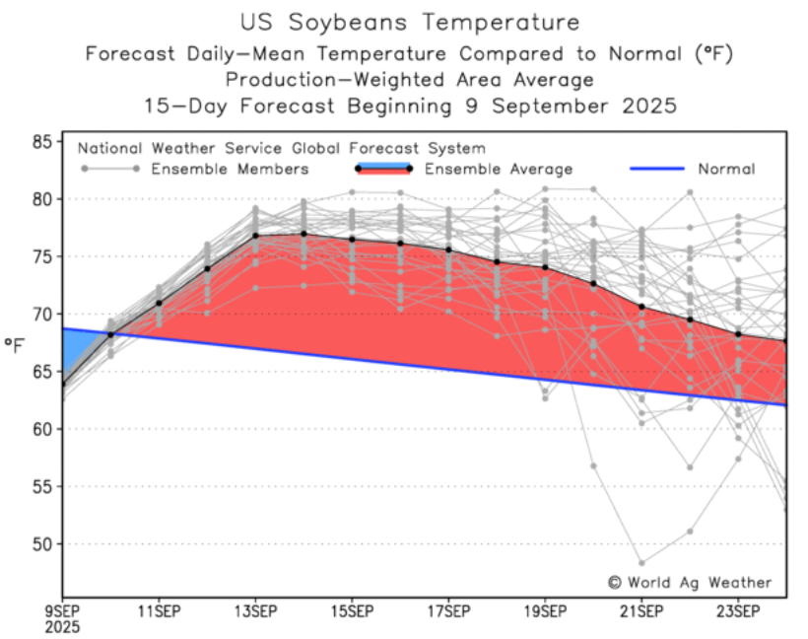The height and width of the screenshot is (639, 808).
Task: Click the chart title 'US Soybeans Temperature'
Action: [409, 22]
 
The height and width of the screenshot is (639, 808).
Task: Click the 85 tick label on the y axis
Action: [40, 142]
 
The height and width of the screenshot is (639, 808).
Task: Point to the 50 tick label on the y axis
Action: [40, 544]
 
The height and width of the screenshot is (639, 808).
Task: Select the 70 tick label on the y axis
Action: [40, 315]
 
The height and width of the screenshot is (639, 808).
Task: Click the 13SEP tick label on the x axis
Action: [255, 610]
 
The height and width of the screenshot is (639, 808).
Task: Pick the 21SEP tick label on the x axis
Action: [641, 610]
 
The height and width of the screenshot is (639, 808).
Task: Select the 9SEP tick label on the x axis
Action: [63, 610]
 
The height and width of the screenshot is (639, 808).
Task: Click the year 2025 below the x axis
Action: [63, 626]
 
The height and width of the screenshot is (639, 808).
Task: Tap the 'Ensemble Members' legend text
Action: [229, 170]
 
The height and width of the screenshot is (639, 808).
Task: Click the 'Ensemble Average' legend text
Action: [499, 170]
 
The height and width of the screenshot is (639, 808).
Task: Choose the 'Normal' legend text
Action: [726, 170]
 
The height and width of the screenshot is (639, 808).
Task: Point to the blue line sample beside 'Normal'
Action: [657, 170]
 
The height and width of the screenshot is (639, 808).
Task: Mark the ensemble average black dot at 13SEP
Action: [255, 236]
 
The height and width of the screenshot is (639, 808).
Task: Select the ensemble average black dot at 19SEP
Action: [545, 267]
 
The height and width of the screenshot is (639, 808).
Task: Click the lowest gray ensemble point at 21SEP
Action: [641, 563]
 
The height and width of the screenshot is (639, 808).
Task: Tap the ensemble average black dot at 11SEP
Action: [159, 304]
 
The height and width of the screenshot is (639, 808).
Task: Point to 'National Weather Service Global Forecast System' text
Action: [281, 149]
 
